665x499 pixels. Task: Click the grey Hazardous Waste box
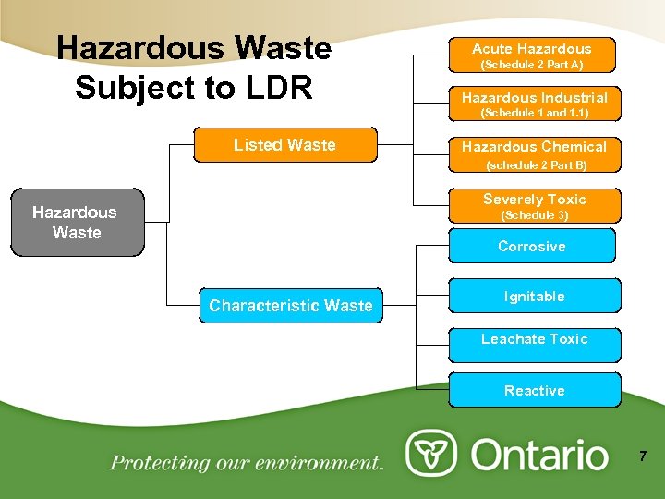pyautogui.click(x=78, y=222)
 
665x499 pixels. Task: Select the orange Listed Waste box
pyautogui.click(x=284, y=144)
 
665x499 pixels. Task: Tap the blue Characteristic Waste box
pyautogui.click(x=291, y=305)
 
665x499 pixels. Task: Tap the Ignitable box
pyautogui.click(x=534, y=297)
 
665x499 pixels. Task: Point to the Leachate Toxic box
pyautogui.click(x=534, y=339)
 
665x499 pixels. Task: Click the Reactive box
pyautogui.click(x=534, y=390)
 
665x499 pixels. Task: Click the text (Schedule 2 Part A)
pyautogui.click(x=532, y=66)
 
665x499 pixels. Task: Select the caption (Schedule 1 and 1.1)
pyautogui.click(x=535, y=114)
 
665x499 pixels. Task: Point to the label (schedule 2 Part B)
pyautogui.click(x=537, y=166)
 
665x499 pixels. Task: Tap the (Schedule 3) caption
pyautogui.click(x=535, y=215)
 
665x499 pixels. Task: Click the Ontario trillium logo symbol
pyautogui.click(x=431, y=454)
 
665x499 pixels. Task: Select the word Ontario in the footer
pyautogui.click(x=541, y=455)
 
